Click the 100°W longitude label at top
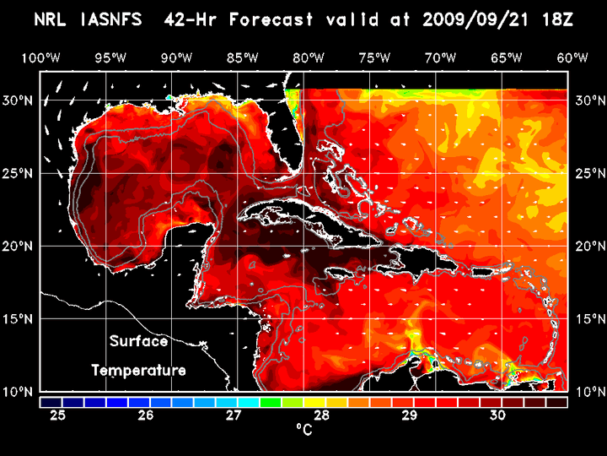tap(40, 57)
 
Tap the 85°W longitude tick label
tap(242, 57)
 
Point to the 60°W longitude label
tap(572, 57)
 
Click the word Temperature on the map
tap(139, 370)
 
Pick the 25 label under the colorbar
tap(58, 415)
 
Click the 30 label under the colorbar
tap(497, 415)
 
